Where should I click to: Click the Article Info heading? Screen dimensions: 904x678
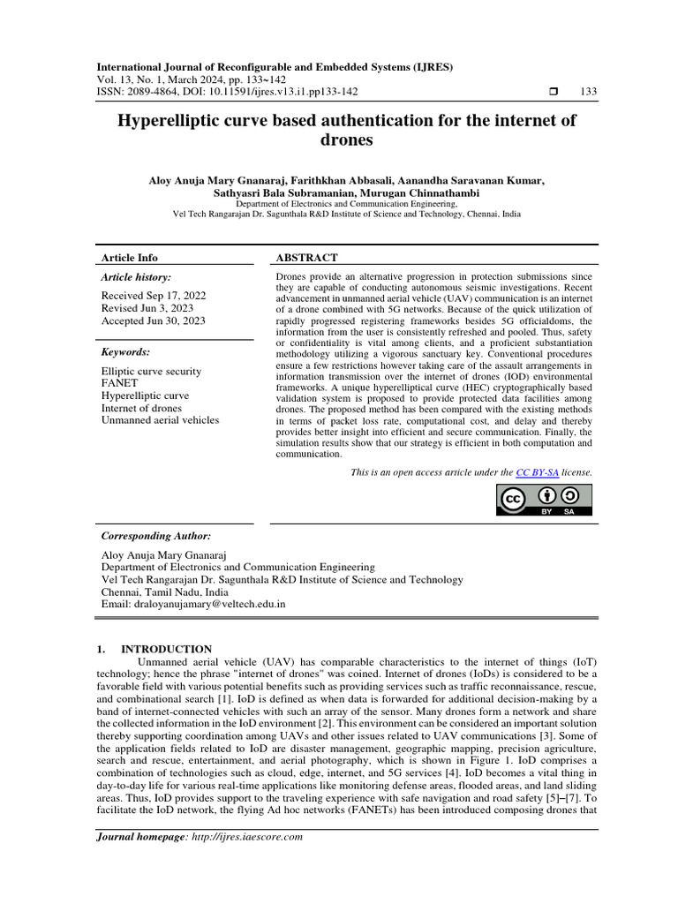130,258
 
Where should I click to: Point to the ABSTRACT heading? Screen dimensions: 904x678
307,258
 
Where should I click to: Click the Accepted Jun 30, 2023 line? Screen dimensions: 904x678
154,321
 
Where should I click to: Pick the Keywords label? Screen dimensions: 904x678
126,351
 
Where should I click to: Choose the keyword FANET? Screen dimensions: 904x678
119,384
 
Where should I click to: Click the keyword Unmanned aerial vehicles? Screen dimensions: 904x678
161,421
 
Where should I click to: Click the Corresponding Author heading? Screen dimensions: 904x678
156,536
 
